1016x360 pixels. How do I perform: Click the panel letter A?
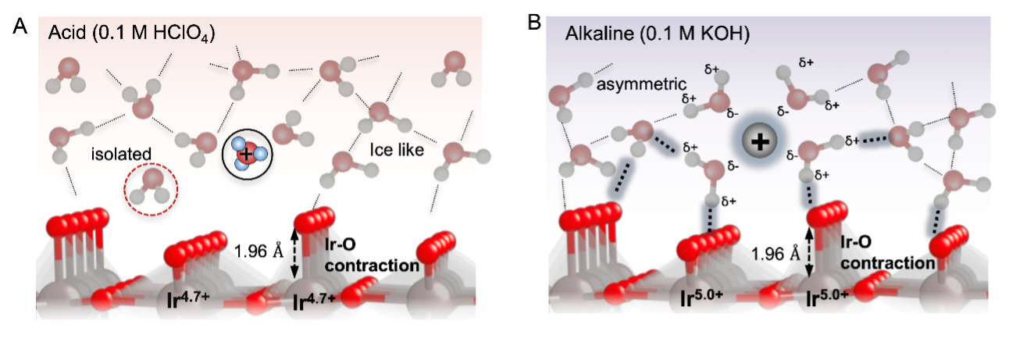(20, 27)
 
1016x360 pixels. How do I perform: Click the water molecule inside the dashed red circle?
(152, 187)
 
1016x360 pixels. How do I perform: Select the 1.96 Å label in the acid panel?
(259, 251)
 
